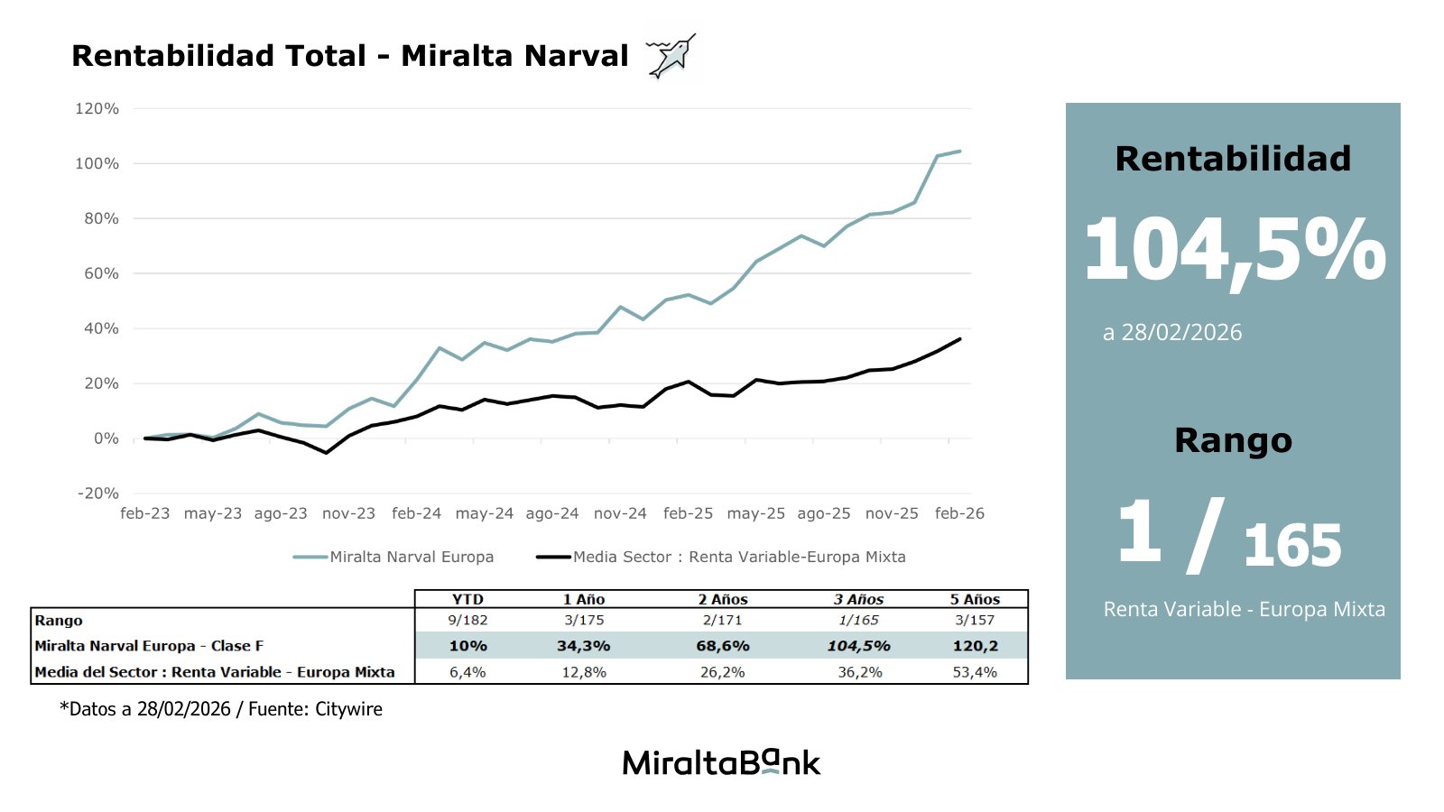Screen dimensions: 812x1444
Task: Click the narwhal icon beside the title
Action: pyautogui.click(x=672, y=57)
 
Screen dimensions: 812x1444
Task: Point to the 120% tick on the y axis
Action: pyautogui.click(x=97, y=108)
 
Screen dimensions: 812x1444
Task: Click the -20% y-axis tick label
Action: pyautogui.click(x=97, y=494)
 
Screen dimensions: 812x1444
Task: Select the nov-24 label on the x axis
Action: pyautogui.click(x=620, y=513)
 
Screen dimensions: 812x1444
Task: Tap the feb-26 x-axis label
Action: pyautogui.click(x=959, y=513)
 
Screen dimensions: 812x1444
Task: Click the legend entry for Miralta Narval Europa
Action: pyautogui.click(x=393, y=557)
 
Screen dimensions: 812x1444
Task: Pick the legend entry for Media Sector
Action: pyautogui.click(x=721, y=557)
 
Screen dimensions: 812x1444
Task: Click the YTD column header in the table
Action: pyautogui.click(x=467, y=599)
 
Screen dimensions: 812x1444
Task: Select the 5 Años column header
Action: pyautogui.click(x=975, y=599)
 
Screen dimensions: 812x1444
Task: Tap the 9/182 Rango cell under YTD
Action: pyautogui.click(x=467, y=621)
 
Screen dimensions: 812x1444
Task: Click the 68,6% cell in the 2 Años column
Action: pyautogui.click(x=723, y=646)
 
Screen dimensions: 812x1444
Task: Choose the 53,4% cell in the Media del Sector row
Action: pyautogui.click(x=975, y=672)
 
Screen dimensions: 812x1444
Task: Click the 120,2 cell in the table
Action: pyautogui.click(x=975, y=646)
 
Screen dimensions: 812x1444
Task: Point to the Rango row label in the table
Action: pyautogui.click(x=59, y=621)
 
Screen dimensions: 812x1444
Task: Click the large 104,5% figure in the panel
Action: pyautogui.click(x=1234, y=251)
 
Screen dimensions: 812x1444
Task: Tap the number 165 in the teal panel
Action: pyautogui.click(x=1291, y=547)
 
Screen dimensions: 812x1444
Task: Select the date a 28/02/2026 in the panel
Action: pyautogui.click(x=1172, y=333)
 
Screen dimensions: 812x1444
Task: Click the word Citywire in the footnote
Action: pyautogui.click(x=348, y=709)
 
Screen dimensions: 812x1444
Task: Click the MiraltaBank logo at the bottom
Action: pyautogui.click(x=721, y=763)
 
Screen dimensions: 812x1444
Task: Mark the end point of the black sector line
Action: pyautogui.click(x=959, y=339)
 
